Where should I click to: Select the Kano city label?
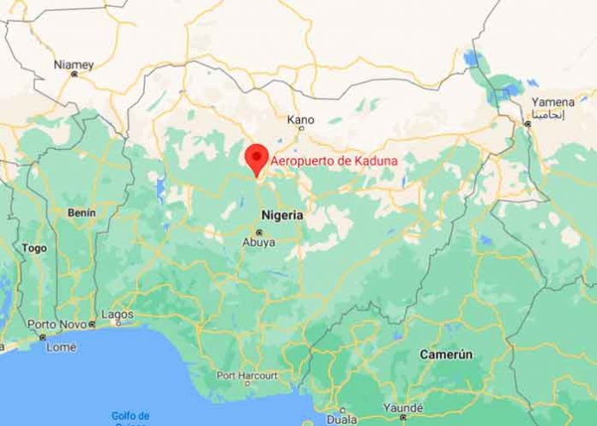pyautogui.click(x=300, y=119)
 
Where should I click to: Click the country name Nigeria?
pyautogui.click(x=280, y=216)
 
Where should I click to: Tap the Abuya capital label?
pyautogui.click(x=258, y=243)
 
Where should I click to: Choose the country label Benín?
pyautogui.click(x=81, y=211)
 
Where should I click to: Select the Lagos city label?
pyautogui.click(x=118, y=315)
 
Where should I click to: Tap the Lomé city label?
pyautogui.click(x=61, y=347)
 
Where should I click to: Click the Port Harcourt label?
pyautogui.click(x=247, y=375)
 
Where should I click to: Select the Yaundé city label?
pyautogui.click(x=402, y=409)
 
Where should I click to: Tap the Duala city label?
pyautogui.click(x=341, y=421)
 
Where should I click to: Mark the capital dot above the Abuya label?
pyautogui.click(x=258, y=232)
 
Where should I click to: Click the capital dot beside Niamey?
pyautogui.click(x=74, y=75)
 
